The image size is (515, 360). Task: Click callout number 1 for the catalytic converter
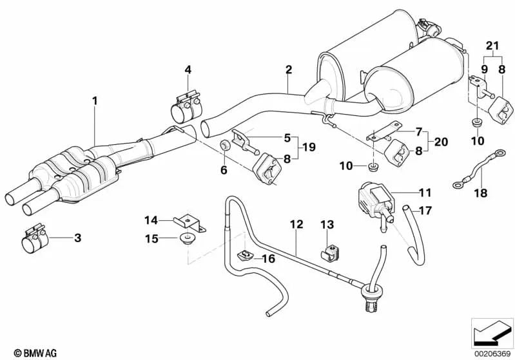coord(95,100)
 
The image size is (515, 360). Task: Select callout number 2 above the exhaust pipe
coord(289,69)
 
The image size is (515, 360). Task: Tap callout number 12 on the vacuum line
coord(296,225)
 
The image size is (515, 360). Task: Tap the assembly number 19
coord(309,147)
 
